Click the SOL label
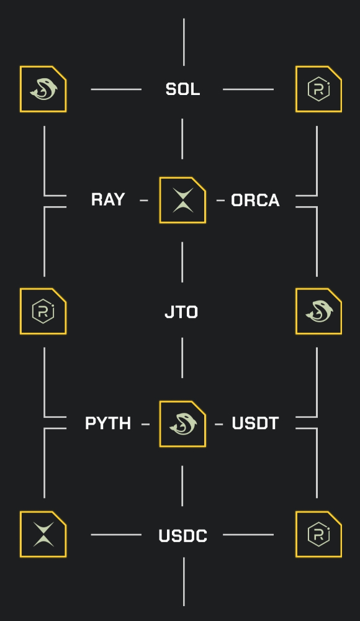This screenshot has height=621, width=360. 182,89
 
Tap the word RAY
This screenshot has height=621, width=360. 108,199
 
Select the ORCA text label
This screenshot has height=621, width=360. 255,201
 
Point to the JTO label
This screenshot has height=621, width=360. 181,312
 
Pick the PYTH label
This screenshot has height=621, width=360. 108,423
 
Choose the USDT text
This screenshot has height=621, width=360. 256,423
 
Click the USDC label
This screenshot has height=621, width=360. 183,536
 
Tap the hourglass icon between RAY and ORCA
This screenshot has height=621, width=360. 182,200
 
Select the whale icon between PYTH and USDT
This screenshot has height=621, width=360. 182,424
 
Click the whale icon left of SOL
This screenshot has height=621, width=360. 43,89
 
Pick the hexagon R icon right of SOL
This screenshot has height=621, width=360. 319,89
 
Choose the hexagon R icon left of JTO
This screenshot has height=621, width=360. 43,311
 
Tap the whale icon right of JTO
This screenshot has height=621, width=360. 319,311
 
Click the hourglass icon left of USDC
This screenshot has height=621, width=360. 43,534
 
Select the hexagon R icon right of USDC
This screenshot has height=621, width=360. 319,534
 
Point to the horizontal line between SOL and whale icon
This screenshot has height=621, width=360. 116,89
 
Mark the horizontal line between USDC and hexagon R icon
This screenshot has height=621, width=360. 248,535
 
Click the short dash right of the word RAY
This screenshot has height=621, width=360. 144,201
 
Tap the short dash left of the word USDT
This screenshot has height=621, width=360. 218,424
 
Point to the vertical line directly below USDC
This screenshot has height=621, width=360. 184,581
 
